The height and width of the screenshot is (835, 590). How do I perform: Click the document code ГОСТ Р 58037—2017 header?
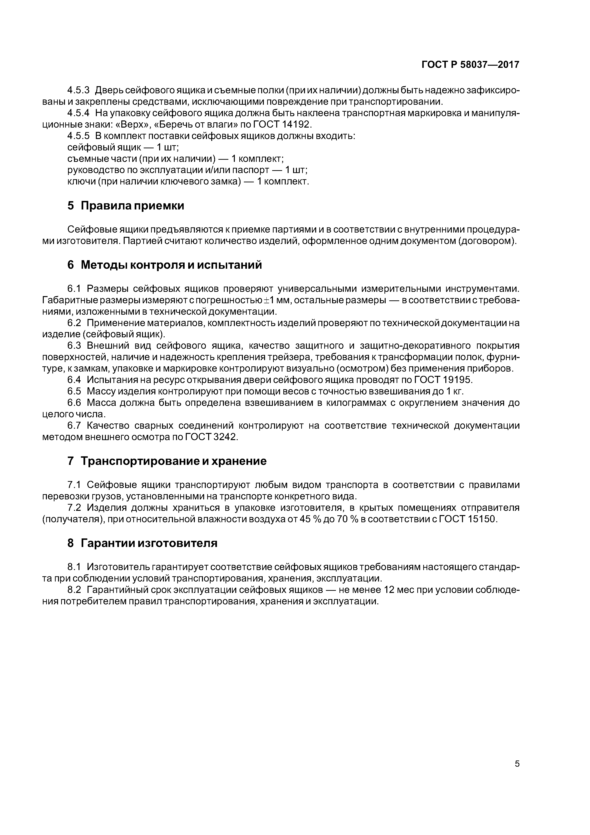[x=470, y=65]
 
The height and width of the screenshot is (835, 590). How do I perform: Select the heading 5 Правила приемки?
[x=126, y=206]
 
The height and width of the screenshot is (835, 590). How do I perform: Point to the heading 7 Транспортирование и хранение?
[x=167, y=461]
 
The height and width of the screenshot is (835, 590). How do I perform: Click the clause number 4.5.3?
[x=78, y=90]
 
